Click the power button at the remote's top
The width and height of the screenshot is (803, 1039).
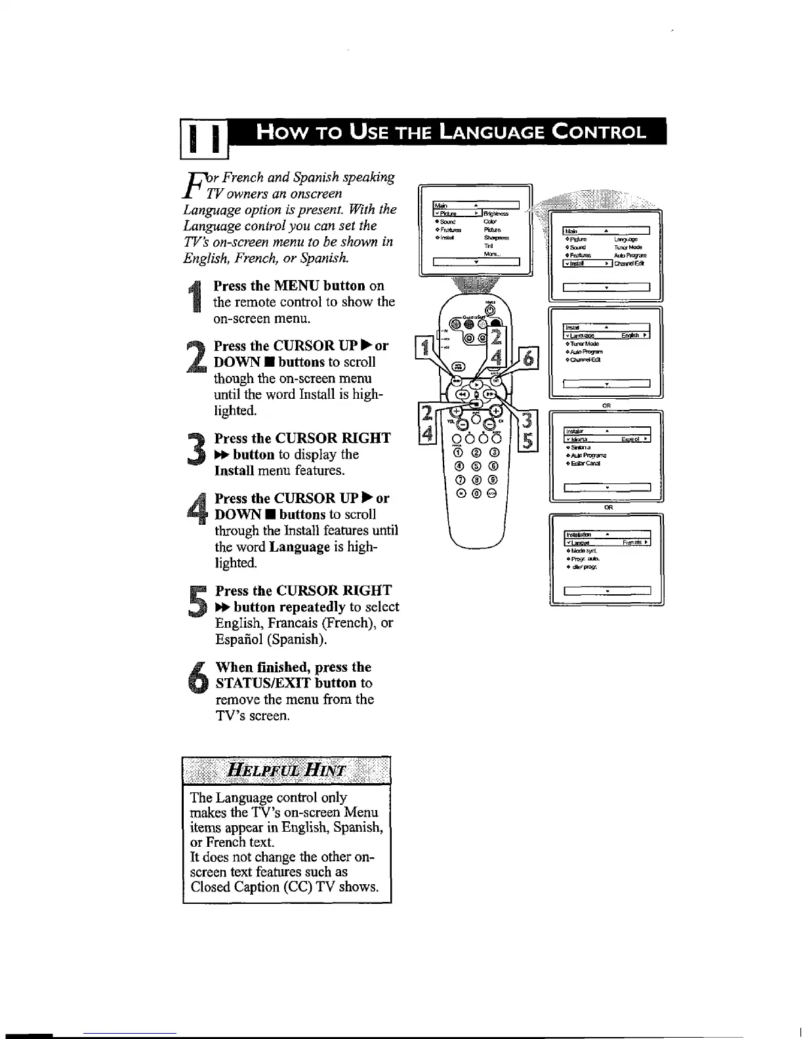pyautogui.click(x=489, y=310)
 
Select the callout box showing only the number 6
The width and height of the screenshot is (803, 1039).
pyautogui.click(x=528, y=359)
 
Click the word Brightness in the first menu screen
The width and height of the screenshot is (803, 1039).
pyautogui.click(x=497, y=213)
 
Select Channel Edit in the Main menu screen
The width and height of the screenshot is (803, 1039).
pyautogui.click(x=629, y=264)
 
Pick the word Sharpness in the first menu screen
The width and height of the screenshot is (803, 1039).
pyautogui.click(x=496, y=238)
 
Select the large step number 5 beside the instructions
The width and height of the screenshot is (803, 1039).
pyautogui.click(x=196, y=600)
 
